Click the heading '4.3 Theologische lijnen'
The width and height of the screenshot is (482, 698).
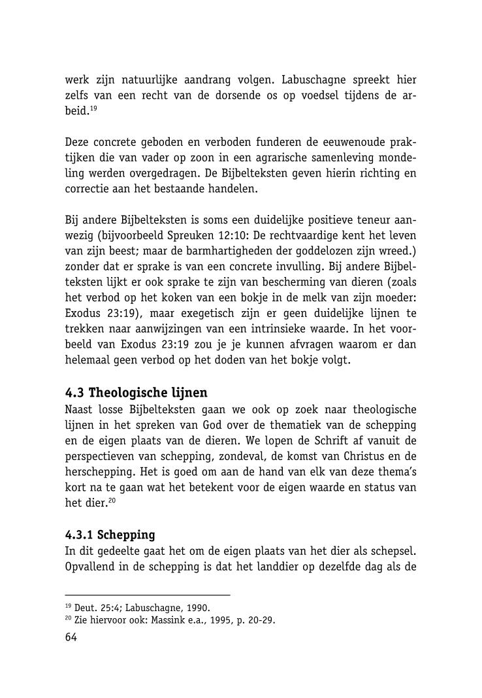click(137, 393)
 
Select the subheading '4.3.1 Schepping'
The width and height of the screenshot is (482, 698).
click(110, 535)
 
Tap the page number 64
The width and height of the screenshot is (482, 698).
click(71, 637)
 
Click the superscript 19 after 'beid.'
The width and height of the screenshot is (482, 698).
click(94, 109)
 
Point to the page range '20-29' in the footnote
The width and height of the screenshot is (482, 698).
click(261, 621)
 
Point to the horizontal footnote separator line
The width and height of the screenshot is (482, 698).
click(148, 595)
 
